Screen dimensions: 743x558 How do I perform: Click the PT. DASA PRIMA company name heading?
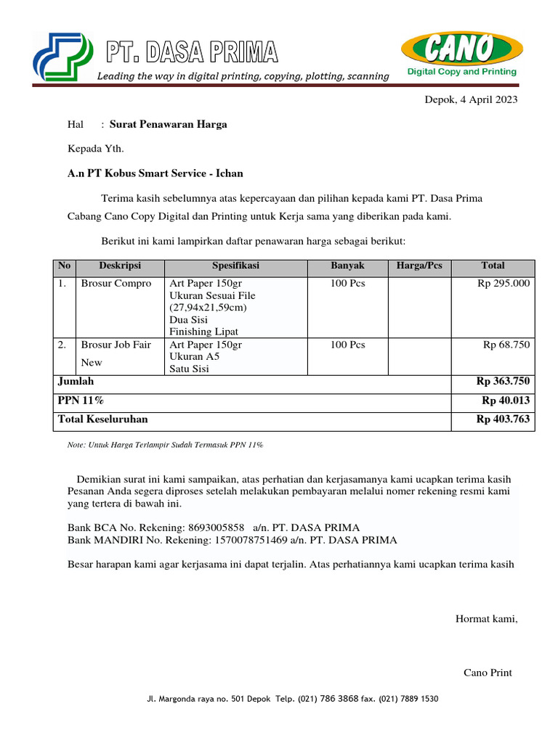192,52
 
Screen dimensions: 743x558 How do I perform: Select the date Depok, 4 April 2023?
471,100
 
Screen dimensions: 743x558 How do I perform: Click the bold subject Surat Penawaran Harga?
168,124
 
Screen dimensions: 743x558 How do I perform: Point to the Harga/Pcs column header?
419,266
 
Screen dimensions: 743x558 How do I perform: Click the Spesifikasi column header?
235,266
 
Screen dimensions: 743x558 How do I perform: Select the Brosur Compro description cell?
116,284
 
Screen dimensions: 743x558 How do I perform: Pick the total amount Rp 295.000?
503,284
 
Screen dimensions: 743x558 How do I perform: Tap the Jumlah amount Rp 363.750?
503,381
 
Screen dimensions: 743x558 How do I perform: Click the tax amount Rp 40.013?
506,401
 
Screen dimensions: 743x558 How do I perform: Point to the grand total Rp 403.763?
503,419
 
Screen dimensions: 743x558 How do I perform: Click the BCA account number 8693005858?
217,528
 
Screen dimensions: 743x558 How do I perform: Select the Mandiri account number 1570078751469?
258,540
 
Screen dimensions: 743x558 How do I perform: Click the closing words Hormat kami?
486,618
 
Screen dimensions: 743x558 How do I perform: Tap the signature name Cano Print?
488,673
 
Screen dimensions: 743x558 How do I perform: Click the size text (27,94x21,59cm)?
209,308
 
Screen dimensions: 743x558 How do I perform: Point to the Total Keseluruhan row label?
102,419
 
